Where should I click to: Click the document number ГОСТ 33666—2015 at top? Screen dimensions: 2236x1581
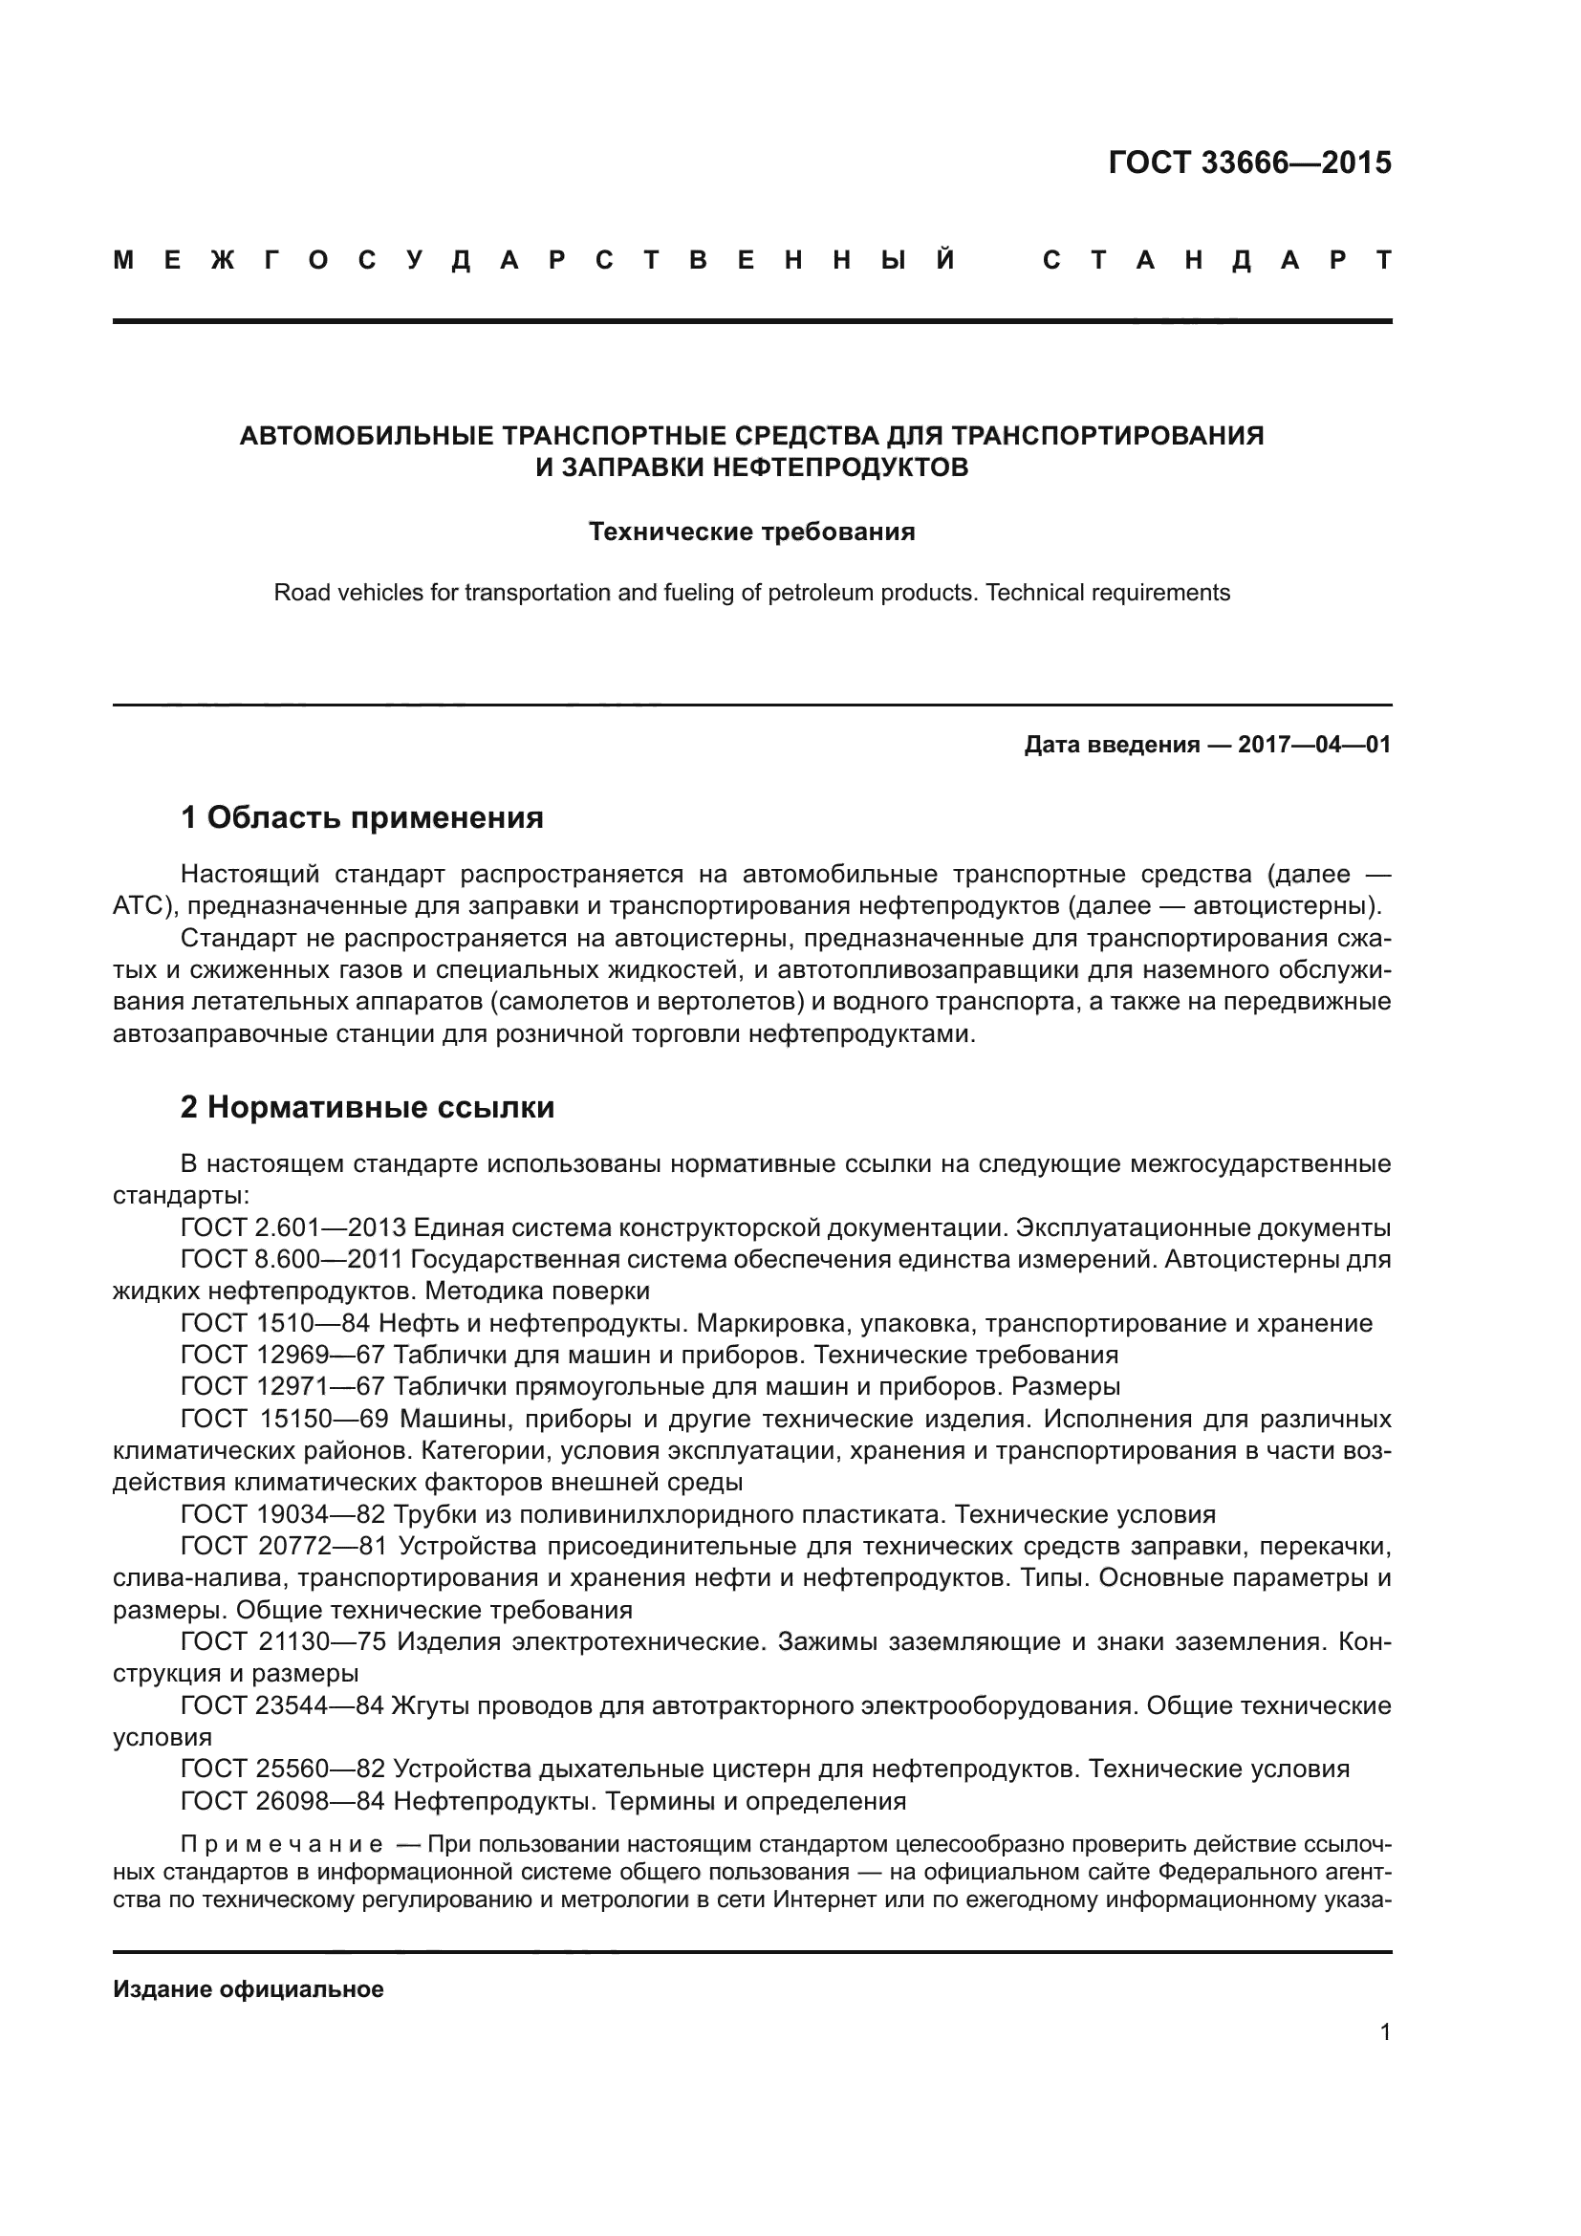(1249, 163)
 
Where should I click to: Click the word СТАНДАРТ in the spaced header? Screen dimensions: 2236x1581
(1217, 261)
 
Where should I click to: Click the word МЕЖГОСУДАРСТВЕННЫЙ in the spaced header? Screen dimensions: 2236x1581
(534, 261)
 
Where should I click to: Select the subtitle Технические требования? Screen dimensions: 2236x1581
(751, 532)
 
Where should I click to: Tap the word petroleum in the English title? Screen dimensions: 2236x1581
(822, 592)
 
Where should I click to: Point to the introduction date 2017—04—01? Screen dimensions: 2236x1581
(1313, 745)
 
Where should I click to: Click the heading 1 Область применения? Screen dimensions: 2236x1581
(361, 817)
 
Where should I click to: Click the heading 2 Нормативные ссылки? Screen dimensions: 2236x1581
(367, 1107)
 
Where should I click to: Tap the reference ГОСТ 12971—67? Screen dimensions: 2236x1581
(283, 1386)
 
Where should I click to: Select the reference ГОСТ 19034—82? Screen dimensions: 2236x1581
(283, 1514)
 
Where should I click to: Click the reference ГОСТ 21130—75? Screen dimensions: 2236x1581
(283, 1642)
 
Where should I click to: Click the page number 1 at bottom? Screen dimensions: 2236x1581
(1384, 2031)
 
